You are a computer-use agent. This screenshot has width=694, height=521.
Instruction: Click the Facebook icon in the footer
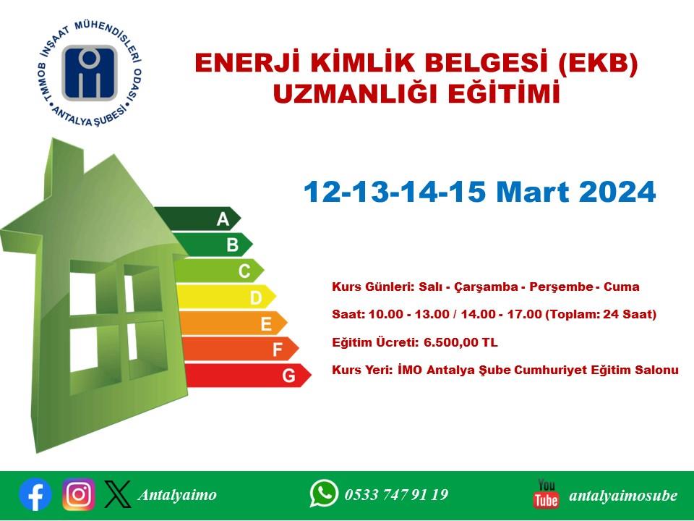pyautogui.click(x=35, y=494)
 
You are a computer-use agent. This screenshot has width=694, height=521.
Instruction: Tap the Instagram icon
pyautogui.click(x=78, y=494)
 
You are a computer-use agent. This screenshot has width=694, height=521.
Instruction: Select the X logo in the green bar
pyautogui.click(x=118, y=494)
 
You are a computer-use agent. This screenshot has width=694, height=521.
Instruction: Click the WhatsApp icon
pyautogui.click(x=324, y=493)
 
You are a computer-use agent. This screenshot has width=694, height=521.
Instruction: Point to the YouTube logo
pyautogui.click(x=547, y=494)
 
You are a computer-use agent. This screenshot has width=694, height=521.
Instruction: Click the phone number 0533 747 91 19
pyautogui.click(x=397, y=494)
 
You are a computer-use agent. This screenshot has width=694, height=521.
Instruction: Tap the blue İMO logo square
pyautogui.click(x=90, y=73)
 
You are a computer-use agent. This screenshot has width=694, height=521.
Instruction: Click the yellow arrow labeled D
pyautogui.click(x=226, y=297)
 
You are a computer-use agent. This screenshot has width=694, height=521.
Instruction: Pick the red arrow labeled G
pyautogui.click(x=248, y=376)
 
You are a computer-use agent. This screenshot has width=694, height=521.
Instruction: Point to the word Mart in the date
pyautogui.click(x=533, y=192)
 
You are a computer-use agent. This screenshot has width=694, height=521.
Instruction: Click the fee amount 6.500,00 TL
pyautogui.click(x=460, y=342)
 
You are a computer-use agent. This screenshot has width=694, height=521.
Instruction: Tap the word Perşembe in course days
pyautogui.click(x=561, y=287)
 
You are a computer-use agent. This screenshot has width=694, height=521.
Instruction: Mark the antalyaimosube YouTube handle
pyautogui.click(x=623, y=495)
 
